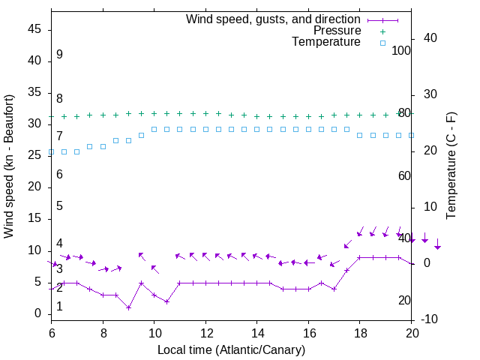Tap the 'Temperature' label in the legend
[326, 42]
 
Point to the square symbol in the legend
[382, 43]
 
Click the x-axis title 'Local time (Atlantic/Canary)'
[232, 349]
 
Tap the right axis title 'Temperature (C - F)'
[451, 166]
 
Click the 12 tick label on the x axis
[205, 331]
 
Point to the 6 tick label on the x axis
[51, 331]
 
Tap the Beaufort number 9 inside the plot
[59, 55]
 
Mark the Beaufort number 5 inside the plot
[59, 206]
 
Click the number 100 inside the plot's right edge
[401, 50]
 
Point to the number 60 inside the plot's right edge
[404, 175]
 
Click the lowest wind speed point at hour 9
[128, 307]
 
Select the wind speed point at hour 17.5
[346, 270]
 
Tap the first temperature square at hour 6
[51, 152]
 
